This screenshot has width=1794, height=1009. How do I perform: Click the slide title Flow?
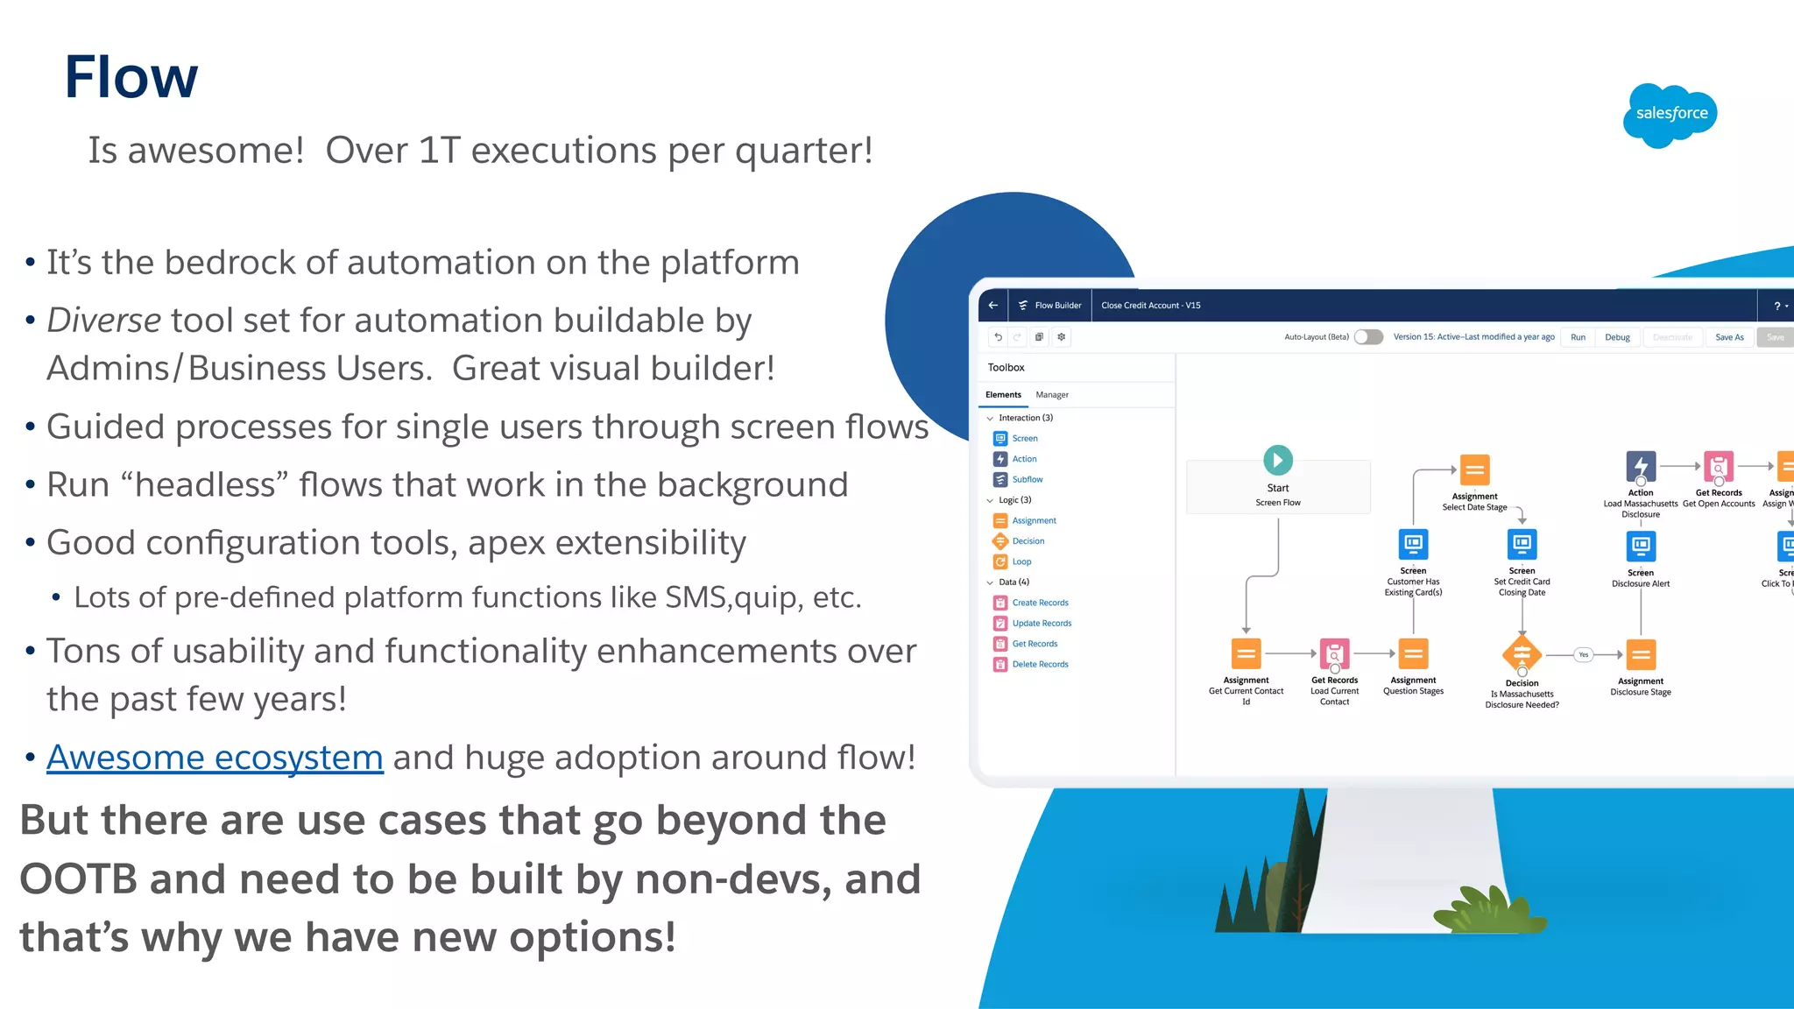coord(131,77)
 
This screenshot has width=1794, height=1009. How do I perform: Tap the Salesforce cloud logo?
coord(1670,115)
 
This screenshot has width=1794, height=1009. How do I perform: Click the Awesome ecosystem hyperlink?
coord(215,758)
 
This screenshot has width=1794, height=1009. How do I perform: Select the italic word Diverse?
coord(103,321)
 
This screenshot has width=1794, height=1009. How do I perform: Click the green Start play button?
coord(1278,460)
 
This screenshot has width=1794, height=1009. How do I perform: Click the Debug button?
coord(1617,337)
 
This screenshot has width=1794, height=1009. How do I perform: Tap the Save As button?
coord(1728,337)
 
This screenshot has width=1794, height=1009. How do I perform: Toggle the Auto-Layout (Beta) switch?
coord(1368,337)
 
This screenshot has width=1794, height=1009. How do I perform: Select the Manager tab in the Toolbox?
coord(1052,395)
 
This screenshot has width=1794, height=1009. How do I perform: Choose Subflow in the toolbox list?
coord(1027,480)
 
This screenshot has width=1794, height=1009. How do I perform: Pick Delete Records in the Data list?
coord(1040,665)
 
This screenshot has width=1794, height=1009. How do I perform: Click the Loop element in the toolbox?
coord(1021,562)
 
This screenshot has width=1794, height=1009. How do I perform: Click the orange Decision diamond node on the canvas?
coord(1522,654)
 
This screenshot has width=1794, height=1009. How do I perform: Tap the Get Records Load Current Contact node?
coord(1334,654)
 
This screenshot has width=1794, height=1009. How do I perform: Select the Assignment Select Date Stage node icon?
coord(1475,470)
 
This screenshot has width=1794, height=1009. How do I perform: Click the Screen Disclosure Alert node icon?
coord(1641,547)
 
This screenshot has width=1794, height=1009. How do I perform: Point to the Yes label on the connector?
coord(1583,655)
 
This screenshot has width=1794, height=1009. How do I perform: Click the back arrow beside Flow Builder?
coord(993,306)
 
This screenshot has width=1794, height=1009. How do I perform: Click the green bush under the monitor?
coord(1488,911)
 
